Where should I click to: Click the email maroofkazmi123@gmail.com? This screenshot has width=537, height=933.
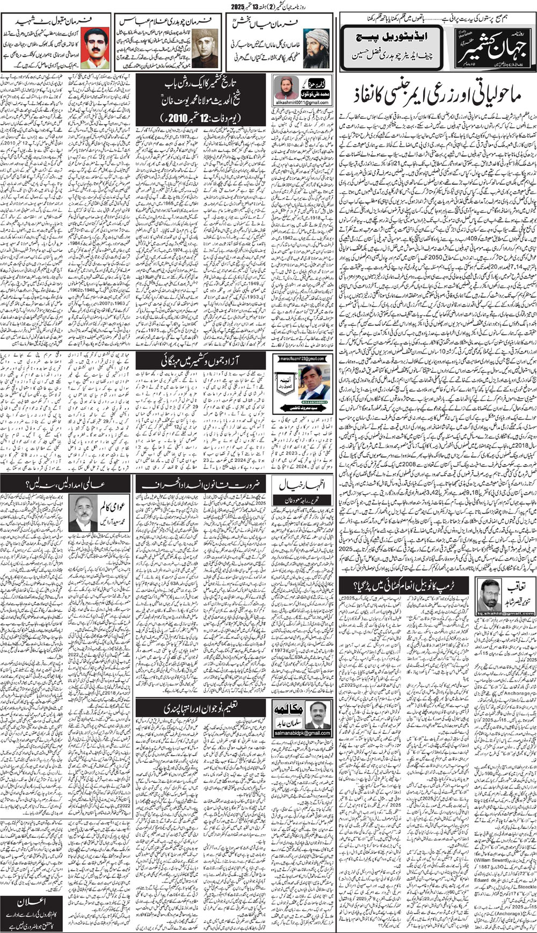pyautogui.click(x=302, y=358)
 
